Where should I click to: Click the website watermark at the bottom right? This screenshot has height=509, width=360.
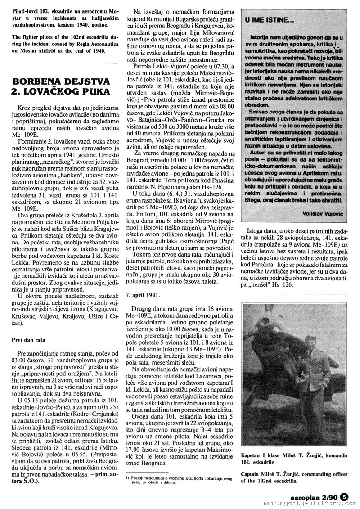pyautogui.click(x=310, y=504)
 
